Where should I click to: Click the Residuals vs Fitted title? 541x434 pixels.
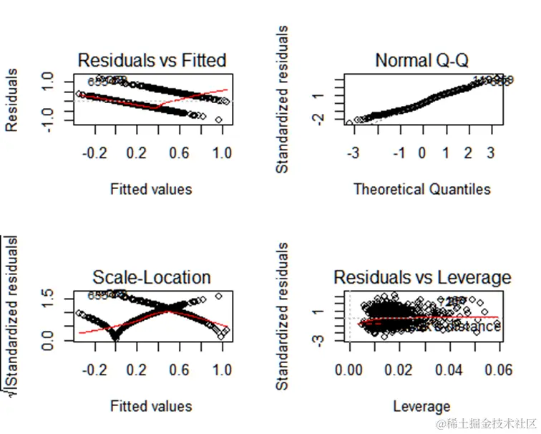point(152,59)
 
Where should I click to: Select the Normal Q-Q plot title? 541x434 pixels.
point(422,60)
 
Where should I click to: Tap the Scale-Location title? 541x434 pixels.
point(152,277)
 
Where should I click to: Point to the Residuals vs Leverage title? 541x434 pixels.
point(422,277)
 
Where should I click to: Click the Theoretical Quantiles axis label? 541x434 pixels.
point(422,189)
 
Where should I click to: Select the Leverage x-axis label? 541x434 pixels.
point(422,407)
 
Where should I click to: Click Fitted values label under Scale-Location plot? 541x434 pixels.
point(151,406)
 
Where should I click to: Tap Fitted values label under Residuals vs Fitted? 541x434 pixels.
point(151,189)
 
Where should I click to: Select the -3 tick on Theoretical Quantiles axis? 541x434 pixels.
point(353,153)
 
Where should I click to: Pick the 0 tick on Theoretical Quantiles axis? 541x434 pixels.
point(422,153)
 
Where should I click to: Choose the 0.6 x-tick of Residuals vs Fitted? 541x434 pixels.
point(180,153)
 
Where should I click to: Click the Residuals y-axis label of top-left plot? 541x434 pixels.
point(13,100)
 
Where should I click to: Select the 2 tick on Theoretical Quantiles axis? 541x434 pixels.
point(468,153)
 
